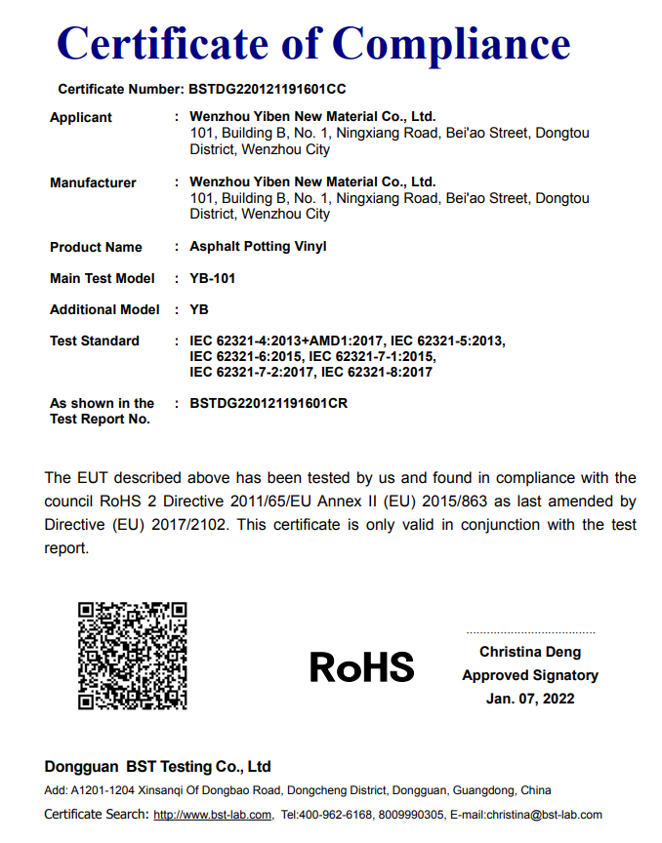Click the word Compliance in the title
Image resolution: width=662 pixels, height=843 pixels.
click(453, 43)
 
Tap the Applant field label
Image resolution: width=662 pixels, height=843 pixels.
click(81, 117)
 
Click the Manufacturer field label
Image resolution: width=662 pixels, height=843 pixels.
click(93, 182)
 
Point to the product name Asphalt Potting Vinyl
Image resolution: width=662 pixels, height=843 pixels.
click(258, 247)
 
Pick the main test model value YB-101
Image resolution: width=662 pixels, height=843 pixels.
click(212, 278)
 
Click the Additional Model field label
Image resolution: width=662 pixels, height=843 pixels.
click(104, 309)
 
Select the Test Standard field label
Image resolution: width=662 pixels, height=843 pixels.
click(95, 341)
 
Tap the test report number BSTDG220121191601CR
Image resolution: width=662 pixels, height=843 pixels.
click(269, 403)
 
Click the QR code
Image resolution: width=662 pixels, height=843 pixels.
click(132, 655)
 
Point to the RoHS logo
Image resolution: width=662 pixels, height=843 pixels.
click(362, 667)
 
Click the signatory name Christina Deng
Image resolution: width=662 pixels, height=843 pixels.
click(530, 652)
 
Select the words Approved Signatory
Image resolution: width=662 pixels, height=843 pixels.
click(530, 675)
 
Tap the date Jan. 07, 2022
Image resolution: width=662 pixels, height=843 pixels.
click(530, 699)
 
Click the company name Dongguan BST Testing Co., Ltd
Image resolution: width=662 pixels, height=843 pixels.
click(157, 766)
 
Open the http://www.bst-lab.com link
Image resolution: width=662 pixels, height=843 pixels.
click(212, 815)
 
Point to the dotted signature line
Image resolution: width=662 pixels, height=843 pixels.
click(530, 633)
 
